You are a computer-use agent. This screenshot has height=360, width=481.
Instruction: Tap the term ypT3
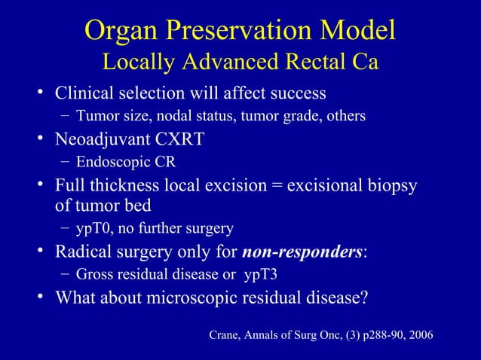(268, 273)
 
